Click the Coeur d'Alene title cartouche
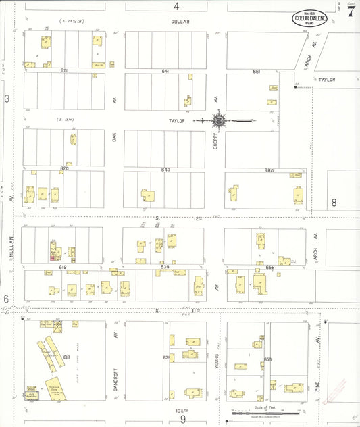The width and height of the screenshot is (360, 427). click(x=310, y=18)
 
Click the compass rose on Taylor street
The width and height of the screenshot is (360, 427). click(x=220, y=121)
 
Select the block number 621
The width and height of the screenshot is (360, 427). click(x=64, y=70)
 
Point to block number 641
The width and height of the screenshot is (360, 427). click(x=165, y=70)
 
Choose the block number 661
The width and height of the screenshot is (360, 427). click(x=257, y=70)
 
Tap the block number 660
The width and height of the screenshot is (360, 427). click(x=269, y=170)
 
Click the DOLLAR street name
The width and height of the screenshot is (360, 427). click(x=180, y=22)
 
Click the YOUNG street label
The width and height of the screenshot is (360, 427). click(x=216, y=361)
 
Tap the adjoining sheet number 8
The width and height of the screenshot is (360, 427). click(x=333, y=202)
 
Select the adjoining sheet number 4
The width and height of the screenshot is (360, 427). click(x=176, y=6)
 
